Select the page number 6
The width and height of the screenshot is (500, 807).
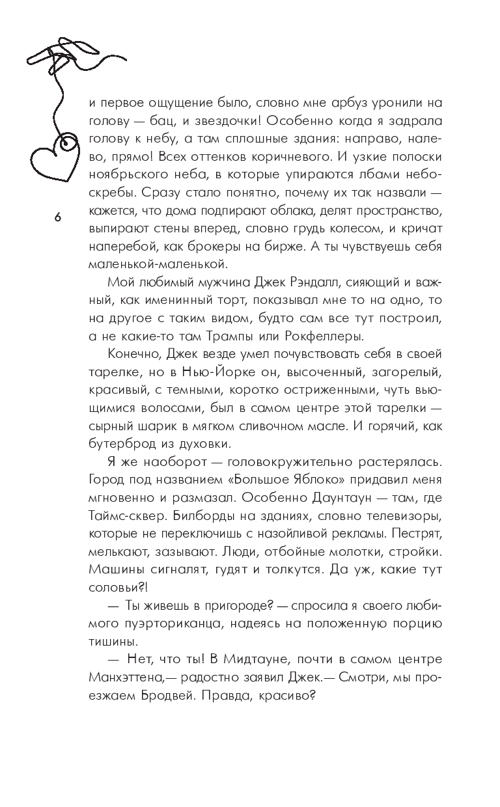tap(57, 218)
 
